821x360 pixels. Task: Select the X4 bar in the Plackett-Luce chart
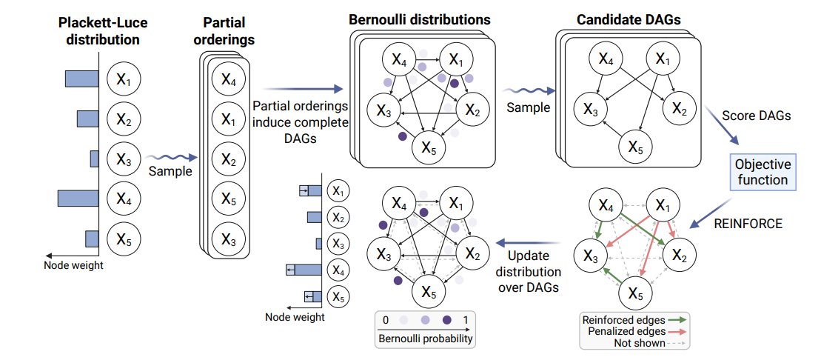click(x=78, y=198)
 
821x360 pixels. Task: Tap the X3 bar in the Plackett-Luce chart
click(x=94, y=159)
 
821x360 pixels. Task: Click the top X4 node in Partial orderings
click(x=228, y=79)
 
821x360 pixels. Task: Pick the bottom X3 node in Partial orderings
click(x=228, y=239)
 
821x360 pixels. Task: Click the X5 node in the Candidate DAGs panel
click(x=635, y=148)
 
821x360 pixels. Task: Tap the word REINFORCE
click(x=748, y=224)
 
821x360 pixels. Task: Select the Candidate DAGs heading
click(x=629, y=20)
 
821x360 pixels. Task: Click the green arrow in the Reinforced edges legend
click(x=677, y=320)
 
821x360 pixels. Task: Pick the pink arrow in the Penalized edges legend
click(x=677, y=332)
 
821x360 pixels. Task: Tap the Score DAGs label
click(x=756, y=116)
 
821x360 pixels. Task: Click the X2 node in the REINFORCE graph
click(x=679, y=256)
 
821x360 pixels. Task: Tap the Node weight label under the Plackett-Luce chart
click(x=73, y=265)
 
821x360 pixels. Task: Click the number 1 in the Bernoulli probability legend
click(x=466, y=320)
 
